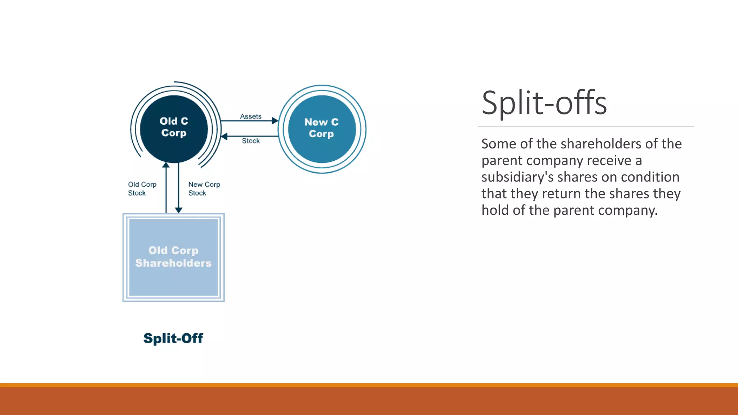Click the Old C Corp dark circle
(x=174, y=129)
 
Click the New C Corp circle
(x=322, y=129)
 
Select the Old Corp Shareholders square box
(x=173, y=258)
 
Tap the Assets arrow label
(x=251, y=116)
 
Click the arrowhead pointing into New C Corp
(x=275, y=121)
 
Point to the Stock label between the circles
(x=251, y=141)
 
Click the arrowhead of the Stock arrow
(x=224, y=136)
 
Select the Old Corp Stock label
(x=142, y=189)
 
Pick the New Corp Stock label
(x=204, y=189)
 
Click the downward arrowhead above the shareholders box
(x=178, y=210)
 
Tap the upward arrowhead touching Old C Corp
(x=166, y=165)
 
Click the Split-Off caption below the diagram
(x=173, y=338)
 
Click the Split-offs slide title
(x=544, y=103)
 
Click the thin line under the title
(x=585, y=126)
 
